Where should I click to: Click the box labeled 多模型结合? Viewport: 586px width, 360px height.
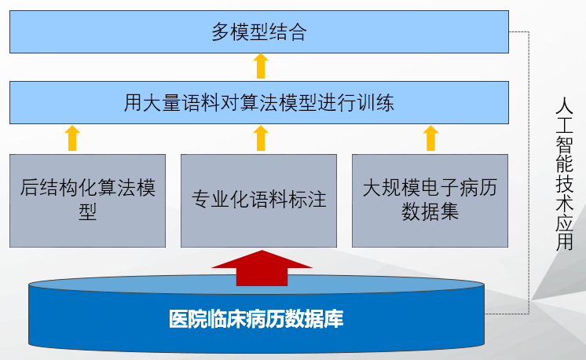[x=259, y=31]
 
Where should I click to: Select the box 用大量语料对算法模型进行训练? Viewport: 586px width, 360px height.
[x=259, y=102]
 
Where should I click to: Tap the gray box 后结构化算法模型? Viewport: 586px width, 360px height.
[x=87, y=200]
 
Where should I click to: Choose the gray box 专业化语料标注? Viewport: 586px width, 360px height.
[x=258, y=200]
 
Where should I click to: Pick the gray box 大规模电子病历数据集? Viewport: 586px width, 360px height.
[x=430, y=200]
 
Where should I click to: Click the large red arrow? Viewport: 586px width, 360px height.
[x=262, y=268]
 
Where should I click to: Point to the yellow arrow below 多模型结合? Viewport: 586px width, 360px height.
[x=261, y=66]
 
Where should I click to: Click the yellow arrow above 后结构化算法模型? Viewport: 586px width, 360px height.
[x=72, y=138]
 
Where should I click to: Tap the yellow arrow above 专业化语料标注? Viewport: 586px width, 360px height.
[x=261, y=138]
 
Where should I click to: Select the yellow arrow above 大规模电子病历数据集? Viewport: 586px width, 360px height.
[x=430, y=138]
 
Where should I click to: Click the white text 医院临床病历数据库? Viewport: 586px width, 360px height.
[x=256, y=319]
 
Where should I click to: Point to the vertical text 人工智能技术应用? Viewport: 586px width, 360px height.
[x=564, y=174]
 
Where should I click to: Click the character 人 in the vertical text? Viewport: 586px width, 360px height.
[x=564, y=106]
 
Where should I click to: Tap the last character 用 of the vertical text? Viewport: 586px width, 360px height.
[x=564, y=242]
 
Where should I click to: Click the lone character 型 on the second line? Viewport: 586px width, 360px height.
[x=87, y=212]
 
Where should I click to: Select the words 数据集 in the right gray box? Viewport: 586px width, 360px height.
[x=430, y=212]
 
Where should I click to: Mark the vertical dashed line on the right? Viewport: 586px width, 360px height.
[x=529, y=173]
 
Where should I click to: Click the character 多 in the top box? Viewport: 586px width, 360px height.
[x=221, y=31]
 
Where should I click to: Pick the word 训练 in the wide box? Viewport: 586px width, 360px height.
[x=375, y=103]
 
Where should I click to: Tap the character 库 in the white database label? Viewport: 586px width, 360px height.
[x=334, y=319]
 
